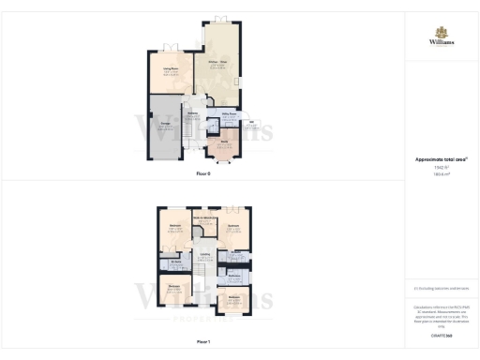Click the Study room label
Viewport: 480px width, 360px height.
pos(225,142)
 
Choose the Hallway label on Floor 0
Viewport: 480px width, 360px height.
pos(192,113)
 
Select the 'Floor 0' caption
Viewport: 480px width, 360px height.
pos(203,174)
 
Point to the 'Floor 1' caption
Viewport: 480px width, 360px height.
pos(203,342)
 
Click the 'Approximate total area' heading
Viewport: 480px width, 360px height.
pos(441,159)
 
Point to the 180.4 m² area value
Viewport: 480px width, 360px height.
pos(441,173)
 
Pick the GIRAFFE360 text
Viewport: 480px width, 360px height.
pos(442,335)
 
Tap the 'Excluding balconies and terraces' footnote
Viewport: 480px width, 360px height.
pos(442,289)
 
